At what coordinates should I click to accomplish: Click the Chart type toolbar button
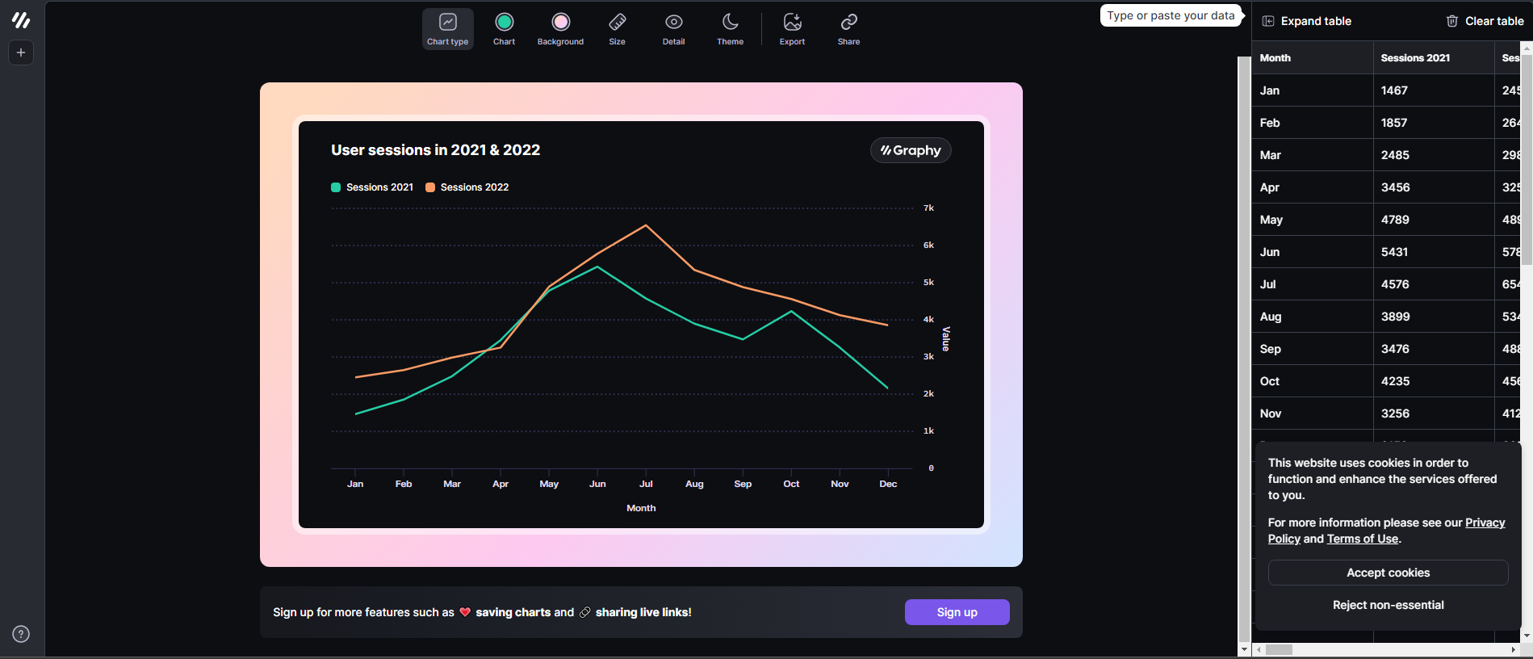tap(447, 29)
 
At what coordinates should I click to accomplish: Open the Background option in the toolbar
tap(560, 29)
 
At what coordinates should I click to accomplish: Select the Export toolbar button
tap(792, 29)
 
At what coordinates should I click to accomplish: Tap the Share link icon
tap(848, 29)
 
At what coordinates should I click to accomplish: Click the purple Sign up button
tap(957, 612)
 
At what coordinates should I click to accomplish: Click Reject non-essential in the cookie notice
tap(1388, 605)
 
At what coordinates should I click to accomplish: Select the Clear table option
tap(1485, 21)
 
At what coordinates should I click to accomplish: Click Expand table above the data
tap(1307, 21)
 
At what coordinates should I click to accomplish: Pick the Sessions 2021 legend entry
tap(372, 187)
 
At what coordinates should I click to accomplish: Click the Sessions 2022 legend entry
tap(467, 187)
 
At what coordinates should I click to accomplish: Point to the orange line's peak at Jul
tap(646, 225)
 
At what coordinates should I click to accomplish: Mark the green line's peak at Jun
tap(597, 267)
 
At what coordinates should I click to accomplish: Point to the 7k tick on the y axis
tap(928, 208)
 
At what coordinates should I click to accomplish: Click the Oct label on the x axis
tap(791, 484)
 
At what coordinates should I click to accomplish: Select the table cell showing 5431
tap(1394, 252)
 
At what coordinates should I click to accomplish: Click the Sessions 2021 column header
tap(1415, 58)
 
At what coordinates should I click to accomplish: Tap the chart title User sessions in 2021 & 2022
tap(435, 150)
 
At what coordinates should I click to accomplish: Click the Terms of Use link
tap(1362, 539)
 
